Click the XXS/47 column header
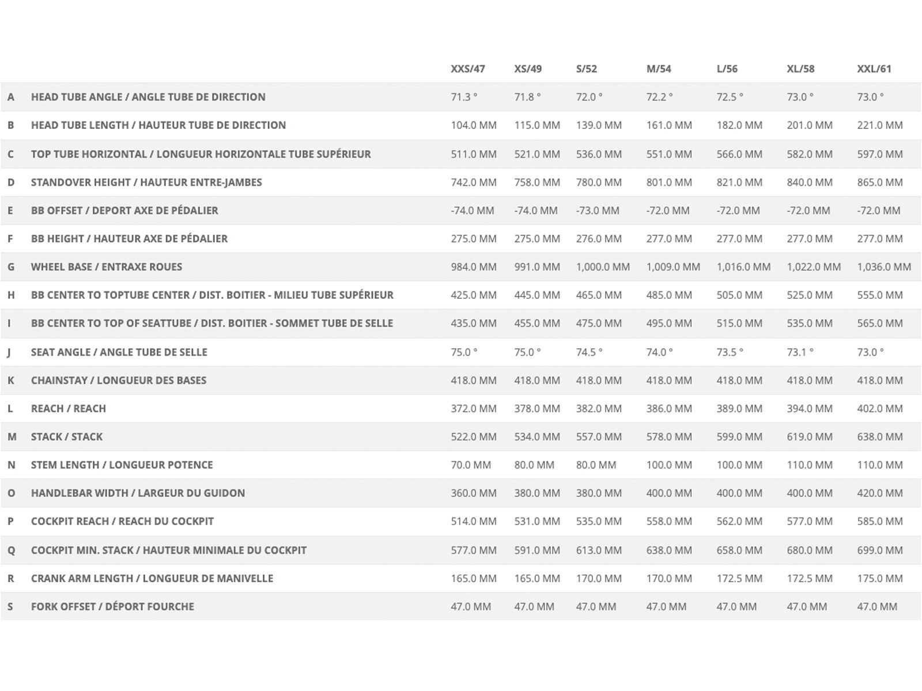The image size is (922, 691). [x=467, y=69]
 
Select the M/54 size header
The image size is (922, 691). [x=659, y=69]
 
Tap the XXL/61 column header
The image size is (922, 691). [x=874, y=69]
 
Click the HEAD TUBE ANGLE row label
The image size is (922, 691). [x=148, y=97]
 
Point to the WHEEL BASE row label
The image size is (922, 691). [x=107, y=267]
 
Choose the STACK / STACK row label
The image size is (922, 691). [x=67, y=436]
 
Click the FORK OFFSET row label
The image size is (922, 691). [x=112, y=606]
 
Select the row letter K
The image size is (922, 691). [x=10, y=380]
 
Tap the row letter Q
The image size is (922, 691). [x=11, y=550]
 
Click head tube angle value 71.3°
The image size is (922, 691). [x=464, y=97]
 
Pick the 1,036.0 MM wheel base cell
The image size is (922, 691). [x=884, y=267]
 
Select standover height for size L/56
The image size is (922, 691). [x=739, y=182]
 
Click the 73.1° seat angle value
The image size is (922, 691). [x=800, y=352]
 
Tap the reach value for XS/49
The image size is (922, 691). [x=537, y=408]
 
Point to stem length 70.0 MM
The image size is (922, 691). [x=471, y=465]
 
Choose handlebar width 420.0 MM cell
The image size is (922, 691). [x=879, y=493]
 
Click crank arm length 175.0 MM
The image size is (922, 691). [x=879, y=578]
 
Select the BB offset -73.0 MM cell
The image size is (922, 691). [x=598, y=210]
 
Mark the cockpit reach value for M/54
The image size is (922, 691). [x=669, y=521]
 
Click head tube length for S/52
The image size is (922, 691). [x=599, y=125]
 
